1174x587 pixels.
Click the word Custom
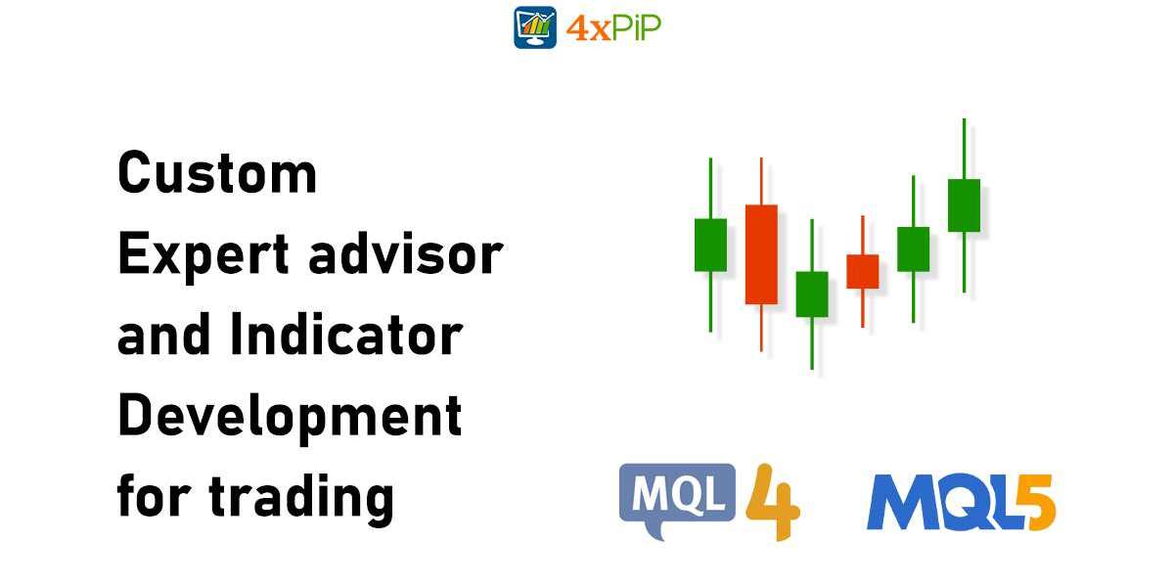217,174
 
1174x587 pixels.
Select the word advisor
405,254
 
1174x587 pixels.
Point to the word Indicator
345,336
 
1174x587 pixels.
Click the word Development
289,417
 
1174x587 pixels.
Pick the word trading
301,497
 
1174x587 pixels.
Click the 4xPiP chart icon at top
535,27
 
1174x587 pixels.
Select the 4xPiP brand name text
613,28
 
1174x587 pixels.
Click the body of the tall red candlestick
761,253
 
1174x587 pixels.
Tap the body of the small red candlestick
862,271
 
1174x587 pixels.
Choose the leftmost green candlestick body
710,245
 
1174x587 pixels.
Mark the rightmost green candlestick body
964,205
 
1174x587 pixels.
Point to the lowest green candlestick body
811,293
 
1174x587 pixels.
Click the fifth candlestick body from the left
913,248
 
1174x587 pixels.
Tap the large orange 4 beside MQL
773,501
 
